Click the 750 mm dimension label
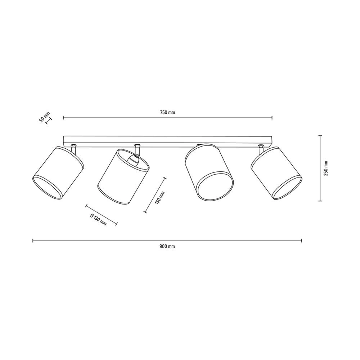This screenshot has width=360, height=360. tap(167, 112)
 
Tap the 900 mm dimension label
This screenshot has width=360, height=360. tap(167, 246)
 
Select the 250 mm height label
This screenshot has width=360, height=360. tap(326, 168)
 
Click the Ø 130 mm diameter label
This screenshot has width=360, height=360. tap(98, 220)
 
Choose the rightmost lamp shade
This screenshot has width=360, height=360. tap(276, 173)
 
